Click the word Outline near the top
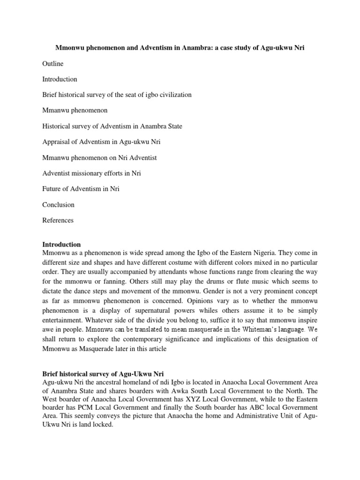click(x=52, y=64)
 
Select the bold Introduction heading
click(x=61, y=244)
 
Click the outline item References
click(x=58, y=220)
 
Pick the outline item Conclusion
click(x=58, y=205)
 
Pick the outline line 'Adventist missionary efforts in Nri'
click(x=91, y=173)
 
